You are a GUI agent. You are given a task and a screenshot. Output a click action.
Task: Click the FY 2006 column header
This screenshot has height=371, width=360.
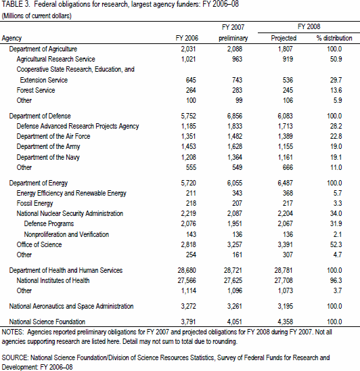(x=187, y=38)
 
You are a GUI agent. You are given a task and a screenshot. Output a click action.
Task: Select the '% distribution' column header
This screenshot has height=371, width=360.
(x=334, y=38)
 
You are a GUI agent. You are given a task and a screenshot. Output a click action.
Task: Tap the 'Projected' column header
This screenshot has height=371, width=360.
(x=284, y=38)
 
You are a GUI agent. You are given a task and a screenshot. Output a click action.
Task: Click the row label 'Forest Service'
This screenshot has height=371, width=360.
(x=36, y=90)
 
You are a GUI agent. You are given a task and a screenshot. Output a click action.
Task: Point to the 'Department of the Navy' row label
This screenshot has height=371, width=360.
(x=48, y=157)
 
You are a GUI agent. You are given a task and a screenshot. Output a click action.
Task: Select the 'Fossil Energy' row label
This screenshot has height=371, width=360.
(x=35, y=204)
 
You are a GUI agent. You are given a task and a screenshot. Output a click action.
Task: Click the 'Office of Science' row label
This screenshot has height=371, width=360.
(x=39, y=244)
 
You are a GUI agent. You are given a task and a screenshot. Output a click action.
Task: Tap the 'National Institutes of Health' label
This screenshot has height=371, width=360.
(x=53, y=280)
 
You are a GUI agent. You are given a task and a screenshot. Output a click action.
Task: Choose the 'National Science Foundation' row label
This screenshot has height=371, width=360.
(x=47, y=322)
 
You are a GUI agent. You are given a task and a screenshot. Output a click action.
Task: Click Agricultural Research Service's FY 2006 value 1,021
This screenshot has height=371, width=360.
(x=189, y=59)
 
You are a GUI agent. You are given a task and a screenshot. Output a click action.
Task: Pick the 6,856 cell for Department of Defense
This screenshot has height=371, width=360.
(x=235, y=116)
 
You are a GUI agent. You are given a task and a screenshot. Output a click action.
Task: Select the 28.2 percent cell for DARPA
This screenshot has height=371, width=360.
(x=336, y=126)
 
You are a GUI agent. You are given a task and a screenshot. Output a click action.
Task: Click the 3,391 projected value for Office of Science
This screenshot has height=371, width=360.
(x=286, y=244)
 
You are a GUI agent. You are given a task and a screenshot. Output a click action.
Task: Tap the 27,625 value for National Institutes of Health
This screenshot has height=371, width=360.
(x=233, y=280)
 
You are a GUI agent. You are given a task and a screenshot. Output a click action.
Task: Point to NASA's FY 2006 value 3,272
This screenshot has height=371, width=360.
(x=189, y=306)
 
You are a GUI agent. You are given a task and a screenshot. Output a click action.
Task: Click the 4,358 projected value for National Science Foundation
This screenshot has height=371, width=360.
(x=286, y=322)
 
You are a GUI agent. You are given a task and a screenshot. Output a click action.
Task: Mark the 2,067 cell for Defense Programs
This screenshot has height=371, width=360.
(x=286, y=223)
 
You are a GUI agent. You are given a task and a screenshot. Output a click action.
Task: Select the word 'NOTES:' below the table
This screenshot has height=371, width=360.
(x=13, y=332)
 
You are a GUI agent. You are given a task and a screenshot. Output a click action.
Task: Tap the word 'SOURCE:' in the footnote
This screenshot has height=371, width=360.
(x=15, y=357)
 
